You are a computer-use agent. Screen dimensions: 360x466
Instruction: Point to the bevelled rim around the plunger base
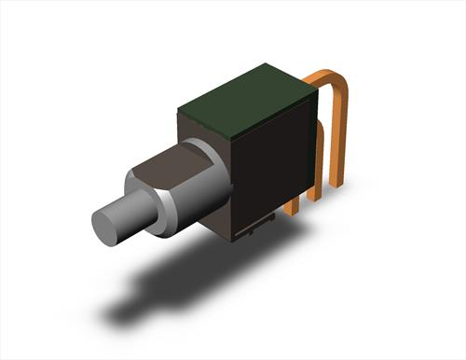pyautogui.click(x=163, y=211)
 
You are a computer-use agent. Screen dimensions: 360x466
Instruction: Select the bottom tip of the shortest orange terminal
pyautogui.click(x=293, y=211)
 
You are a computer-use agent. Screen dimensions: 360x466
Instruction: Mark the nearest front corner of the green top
pyautogui.click(x=232, y=130)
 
